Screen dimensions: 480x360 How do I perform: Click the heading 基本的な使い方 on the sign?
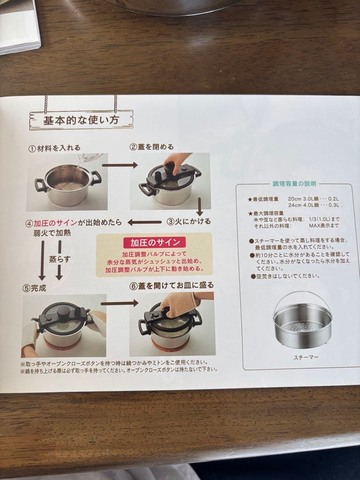coord(81,120)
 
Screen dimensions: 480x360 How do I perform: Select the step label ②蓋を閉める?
coord(152,147)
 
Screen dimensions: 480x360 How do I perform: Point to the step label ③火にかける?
coord(188,221)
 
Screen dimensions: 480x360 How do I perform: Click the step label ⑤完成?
coord(34,288)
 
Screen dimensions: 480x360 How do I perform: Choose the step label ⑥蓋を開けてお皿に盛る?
coord(172,285)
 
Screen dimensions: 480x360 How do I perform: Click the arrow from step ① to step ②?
coord(120,165)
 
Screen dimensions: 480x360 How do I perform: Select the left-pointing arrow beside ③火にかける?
coord(145,222)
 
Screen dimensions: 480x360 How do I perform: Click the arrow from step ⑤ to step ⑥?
coord(120,303)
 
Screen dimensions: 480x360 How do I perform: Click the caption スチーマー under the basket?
coord(305,357)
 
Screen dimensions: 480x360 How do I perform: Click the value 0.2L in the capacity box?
coord(335,199)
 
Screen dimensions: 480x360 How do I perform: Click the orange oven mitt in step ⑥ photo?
coord(180,303)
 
